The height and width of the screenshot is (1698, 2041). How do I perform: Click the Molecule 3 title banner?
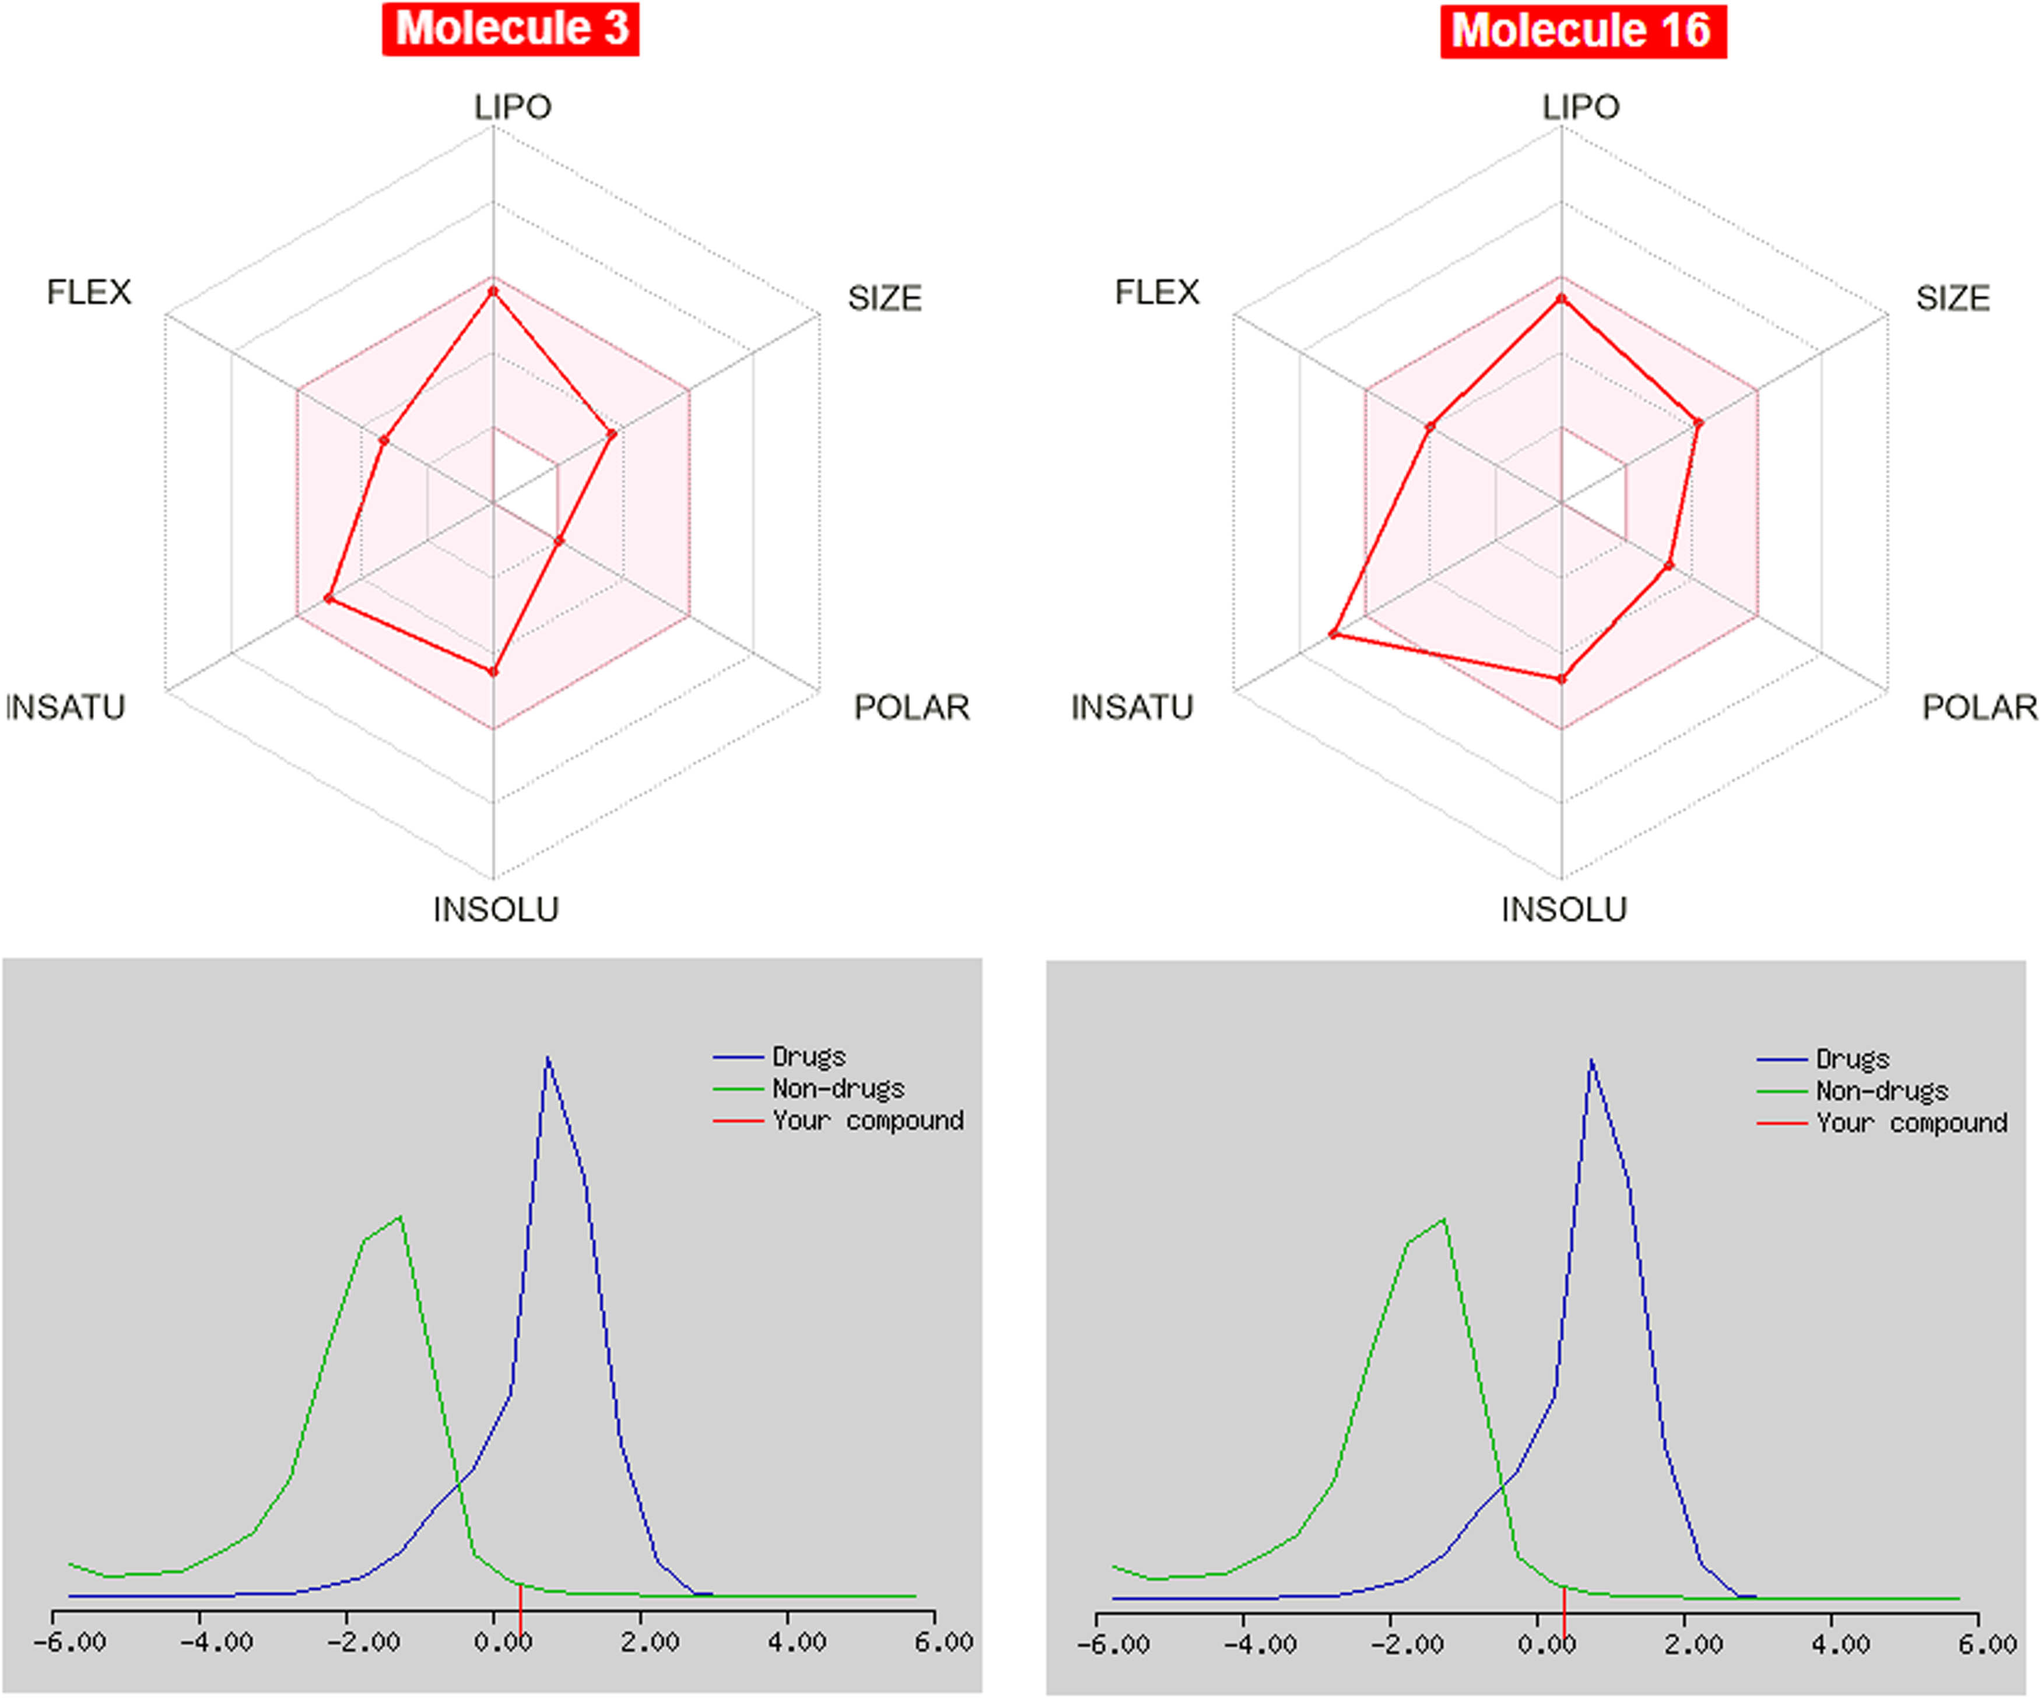click(511, 29)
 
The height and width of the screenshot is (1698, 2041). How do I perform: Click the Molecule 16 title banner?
click(1582, 31)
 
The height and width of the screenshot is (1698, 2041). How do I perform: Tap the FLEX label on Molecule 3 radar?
click(89, 292)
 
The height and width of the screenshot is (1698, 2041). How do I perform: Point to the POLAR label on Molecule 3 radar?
click(911, 707)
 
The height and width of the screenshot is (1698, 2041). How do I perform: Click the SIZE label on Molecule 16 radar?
click(1952, 297)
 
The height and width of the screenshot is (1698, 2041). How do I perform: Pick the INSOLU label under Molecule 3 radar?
click(496, 909)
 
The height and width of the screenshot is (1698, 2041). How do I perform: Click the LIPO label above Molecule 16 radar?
click(1580, 106)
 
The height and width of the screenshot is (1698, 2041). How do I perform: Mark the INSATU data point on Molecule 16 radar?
click(1334, 634)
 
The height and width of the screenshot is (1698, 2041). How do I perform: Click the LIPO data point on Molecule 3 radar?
click(493, 290)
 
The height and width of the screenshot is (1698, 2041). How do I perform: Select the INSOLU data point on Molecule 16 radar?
click(1562, 678)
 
